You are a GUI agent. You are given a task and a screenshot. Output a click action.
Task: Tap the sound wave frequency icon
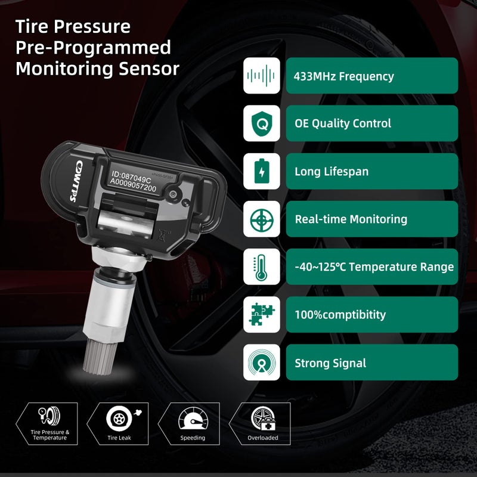261,76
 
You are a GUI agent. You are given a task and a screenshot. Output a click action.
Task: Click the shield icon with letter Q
261,123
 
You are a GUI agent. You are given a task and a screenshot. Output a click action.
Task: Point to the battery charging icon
261,172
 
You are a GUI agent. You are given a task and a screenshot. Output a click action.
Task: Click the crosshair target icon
261,219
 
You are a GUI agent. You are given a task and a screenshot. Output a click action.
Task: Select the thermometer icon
261,267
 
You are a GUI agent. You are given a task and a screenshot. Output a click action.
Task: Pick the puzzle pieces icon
261,315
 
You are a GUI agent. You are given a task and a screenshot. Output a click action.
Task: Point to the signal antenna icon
261,363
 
